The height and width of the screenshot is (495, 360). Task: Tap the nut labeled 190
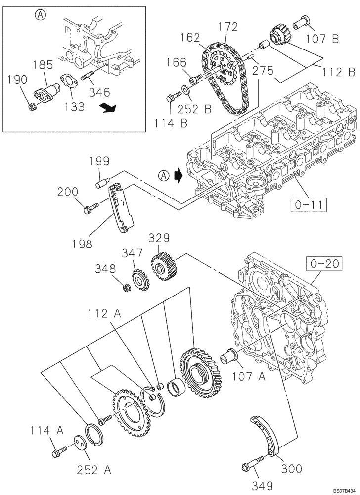pos(32,105)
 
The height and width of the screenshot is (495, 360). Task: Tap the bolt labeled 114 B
pos(173,98)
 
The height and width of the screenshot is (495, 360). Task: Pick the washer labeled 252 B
pos(184,90)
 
